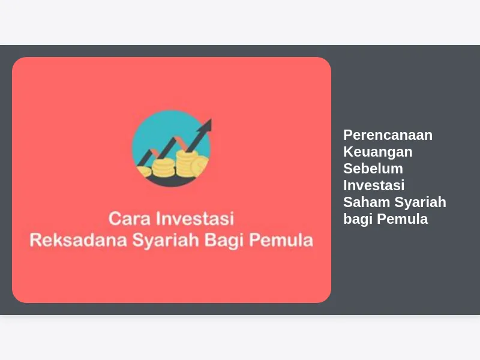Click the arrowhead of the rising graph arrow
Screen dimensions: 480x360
click(206, 126)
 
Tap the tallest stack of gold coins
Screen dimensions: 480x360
click(185, 163)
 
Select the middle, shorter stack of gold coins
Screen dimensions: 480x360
click(163, 168)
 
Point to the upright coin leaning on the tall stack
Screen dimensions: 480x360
click(200, 166)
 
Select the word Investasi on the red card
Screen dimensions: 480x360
click(195, 218)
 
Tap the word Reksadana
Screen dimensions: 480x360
click(79, 240)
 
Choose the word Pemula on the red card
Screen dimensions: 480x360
click(281, 240)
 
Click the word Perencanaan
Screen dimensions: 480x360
click(388, 135)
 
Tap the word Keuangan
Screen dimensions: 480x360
click(378, 152)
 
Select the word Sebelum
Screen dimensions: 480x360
click(373, 169)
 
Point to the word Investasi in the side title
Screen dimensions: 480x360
click(374, 185)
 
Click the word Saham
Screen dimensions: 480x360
click(367, 202)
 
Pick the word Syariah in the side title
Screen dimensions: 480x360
click(421, 203)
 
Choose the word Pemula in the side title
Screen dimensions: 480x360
click(402, 219)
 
